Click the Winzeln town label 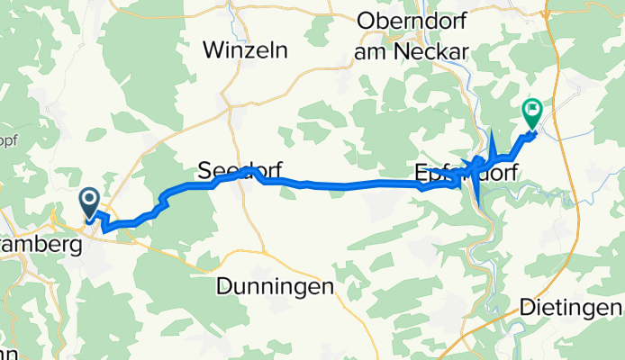245,51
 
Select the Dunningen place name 276,286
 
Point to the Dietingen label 570,309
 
